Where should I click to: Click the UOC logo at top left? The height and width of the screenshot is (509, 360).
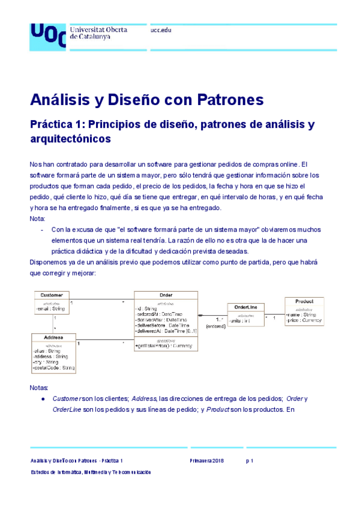(x=47, y=35)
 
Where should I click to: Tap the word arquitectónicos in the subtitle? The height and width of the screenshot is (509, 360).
(x=70, y=139)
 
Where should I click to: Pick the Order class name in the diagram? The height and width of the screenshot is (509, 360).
(x=166, y=295)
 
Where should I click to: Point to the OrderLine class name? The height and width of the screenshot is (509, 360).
(x=245, y=307)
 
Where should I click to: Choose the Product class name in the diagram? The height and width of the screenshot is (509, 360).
(x=304, y=301)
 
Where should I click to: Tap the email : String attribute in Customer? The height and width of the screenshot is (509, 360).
(x=51, y=309)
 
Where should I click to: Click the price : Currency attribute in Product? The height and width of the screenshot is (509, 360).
(x=304, y=321)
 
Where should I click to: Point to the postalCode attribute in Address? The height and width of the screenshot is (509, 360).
(x=53, y=367)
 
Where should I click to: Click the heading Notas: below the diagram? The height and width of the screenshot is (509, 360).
(x=39, y=388)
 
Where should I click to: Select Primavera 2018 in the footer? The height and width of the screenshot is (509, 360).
(x=206, y=460)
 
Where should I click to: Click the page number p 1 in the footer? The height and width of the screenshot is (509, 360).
(x=250, y=460)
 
